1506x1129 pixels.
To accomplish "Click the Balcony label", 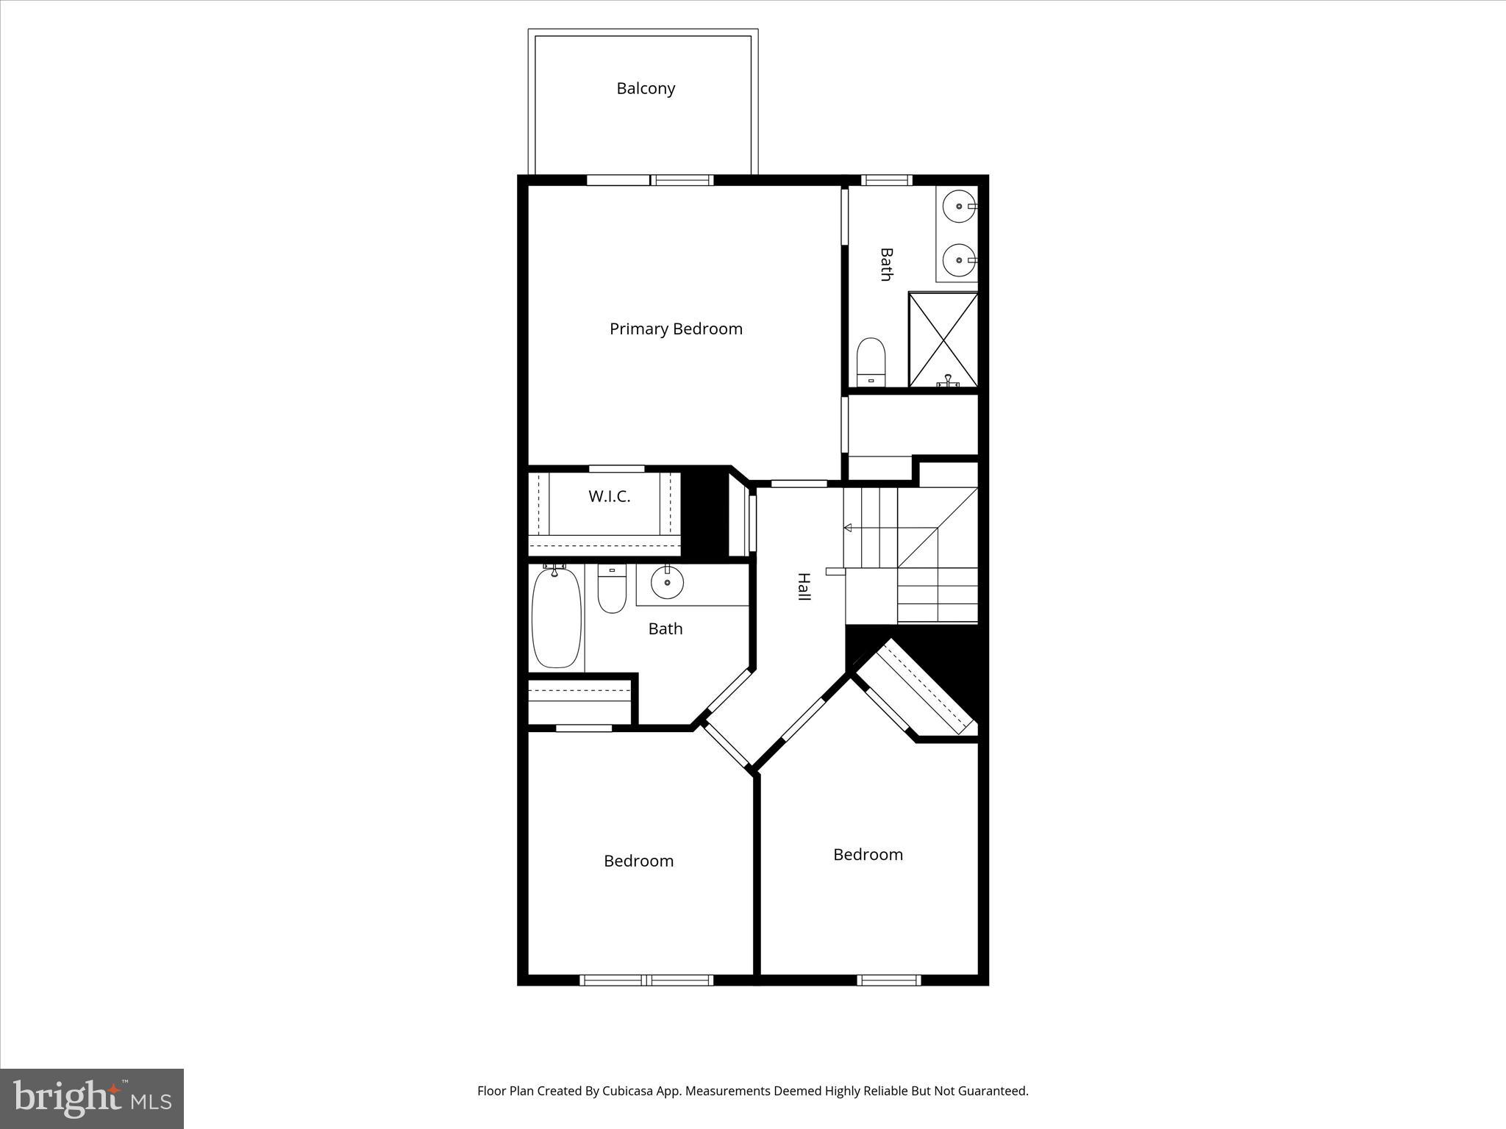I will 646,88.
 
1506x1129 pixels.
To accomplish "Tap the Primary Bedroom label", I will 676,329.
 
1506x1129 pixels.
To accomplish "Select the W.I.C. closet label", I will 609,496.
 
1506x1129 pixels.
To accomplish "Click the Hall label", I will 804,587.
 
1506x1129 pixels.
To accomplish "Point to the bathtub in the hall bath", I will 556,617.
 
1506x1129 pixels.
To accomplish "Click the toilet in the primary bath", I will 871,361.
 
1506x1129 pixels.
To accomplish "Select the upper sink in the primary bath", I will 959,206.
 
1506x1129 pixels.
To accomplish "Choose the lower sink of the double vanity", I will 959,259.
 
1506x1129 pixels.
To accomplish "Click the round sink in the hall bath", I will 667,583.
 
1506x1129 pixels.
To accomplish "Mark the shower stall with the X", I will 943,339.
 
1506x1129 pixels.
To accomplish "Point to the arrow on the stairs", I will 848,528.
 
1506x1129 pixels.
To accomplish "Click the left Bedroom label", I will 638,861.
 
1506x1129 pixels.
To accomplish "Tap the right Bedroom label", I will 868,854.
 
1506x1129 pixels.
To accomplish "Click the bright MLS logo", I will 92,1098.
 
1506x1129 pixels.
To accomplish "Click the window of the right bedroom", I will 888,979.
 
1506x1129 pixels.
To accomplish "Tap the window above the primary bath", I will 886,180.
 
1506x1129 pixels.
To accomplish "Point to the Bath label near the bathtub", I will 665,628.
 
